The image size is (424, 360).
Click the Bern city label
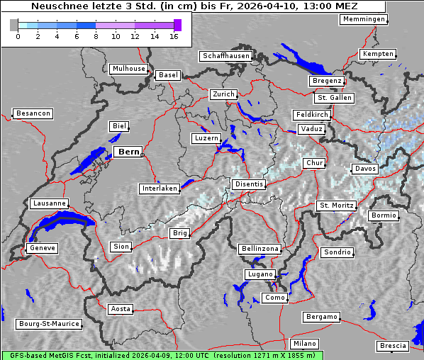[128, 152]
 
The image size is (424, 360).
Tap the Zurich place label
[223, 94]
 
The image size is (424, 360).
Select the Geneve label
[42, 248]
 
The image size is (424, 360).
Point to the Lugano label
[260, 274]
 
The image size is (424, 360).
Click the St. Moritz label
[335, 206]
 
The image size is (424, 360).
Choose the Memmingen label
[364, 19]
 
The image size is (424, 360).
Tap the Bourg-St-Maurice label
[49, 324]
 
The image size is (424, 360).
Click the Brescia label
[393, 346]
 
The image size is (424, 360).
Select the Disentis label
[249, 184]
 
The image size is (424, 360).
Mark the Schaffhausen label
[225, 55]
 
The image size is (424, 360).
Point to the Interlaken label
[160, 189]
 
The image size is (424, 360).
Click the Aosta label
[121, 309]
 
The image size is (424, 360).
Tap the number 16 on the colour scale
[174, 35]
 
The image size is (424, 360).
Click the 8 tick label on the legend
[96, 35]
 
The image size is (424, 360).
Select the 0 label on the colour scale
[18, 35]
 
